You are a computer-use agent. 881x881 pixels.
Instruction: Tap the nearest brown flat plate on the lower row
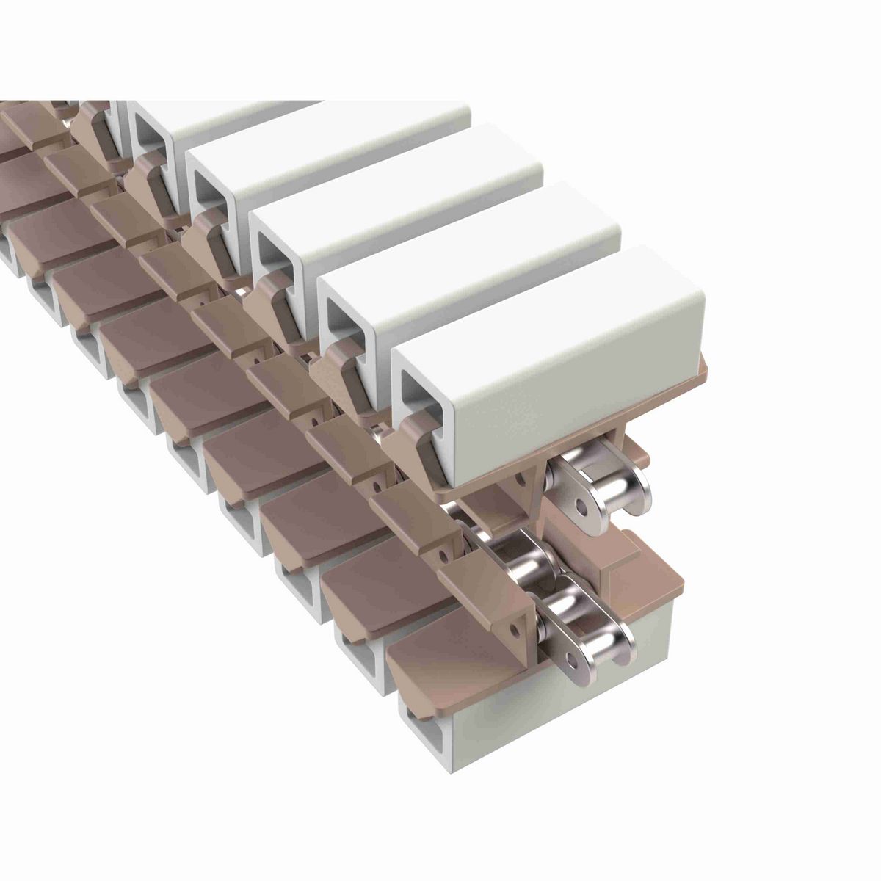tap(440, 661)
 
